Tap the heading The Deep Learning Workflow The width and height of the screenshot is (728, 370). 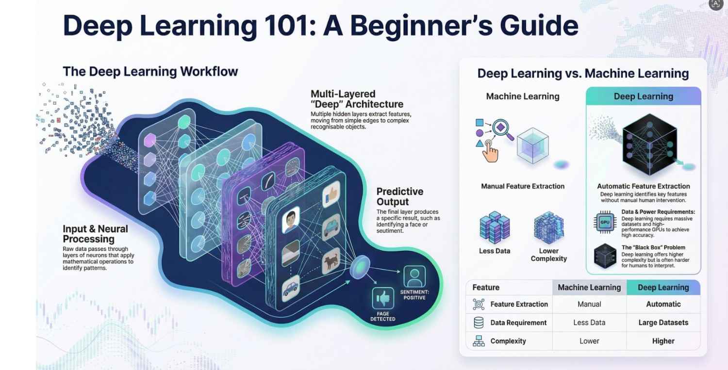(x=150, y=72)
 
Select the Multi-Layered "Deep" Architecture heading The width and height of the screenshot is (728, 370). (x=357, y=99)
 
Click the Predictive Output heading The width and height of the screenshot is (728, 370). (x=400, y=196)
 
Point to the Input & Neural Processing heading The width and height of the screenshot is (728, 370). (x=95, y=234)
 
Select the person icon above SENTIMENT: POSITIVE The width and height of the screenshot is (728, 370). (x=414, y=276)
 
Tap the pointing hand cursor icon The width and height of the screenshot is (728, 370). (x=491, y=153)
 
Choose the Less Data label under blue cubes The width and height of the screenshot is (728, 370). (x=494, y=251)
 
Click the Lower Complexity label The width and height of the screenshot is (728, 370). (x=548, y=255)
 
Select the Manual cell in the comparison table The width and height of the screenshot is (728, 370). (x=589, y=304)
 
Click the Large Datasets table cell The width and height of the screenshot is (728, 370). (x=663, y=322)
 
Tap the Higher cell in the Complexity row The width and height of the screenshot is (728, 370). (x=663, y=341)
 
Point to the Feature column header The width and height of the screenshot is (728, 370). (x=486, y=287)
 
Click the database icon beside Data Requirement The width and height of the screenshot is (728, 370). (x=479, y=322)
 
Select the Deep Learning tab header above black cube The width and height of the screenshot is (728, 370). (x=643, y=96)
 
